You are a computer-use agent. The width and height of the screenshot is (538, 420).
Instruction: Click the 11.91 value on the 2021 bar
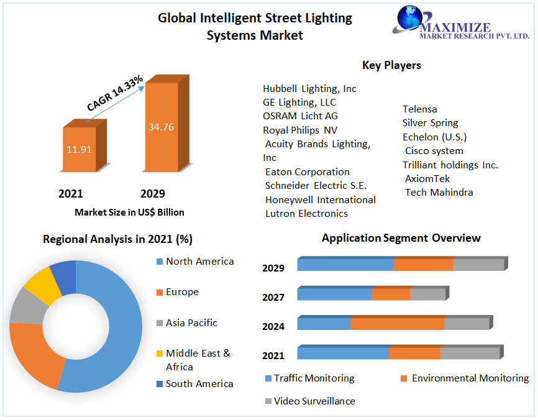coord(80,149)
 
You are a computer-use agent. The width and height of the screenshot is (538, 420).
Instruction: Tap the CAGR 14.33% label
coord(116,93)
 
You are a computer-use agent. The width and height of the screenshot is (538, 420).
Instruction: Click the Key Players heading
coord(391,65)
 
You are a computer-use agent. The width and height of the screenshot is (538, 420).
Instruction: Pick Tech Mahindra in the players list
coord(439,193)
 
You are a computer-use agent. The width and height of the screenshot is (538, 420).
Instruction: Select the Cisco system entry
coord(434,151)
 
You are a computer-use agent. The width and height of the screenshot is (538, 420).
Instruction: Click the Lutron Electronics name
coord(306,214)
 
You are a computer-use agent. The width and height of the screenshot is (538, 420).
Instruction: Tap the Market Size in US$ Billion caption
coord(129,212)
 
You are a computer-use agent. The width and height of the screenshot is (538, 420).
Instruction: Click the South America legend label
coord(199,384)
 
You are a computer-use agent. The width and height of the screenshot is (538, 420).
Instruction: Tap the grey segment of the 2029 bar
coord(478,265)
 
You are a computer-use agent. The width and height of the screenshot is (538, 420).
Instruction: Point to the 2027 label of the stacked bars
coord(273,298)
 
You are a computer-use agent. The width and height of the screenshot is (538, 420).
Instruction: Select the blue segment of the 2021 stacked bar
coord(343,353)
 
